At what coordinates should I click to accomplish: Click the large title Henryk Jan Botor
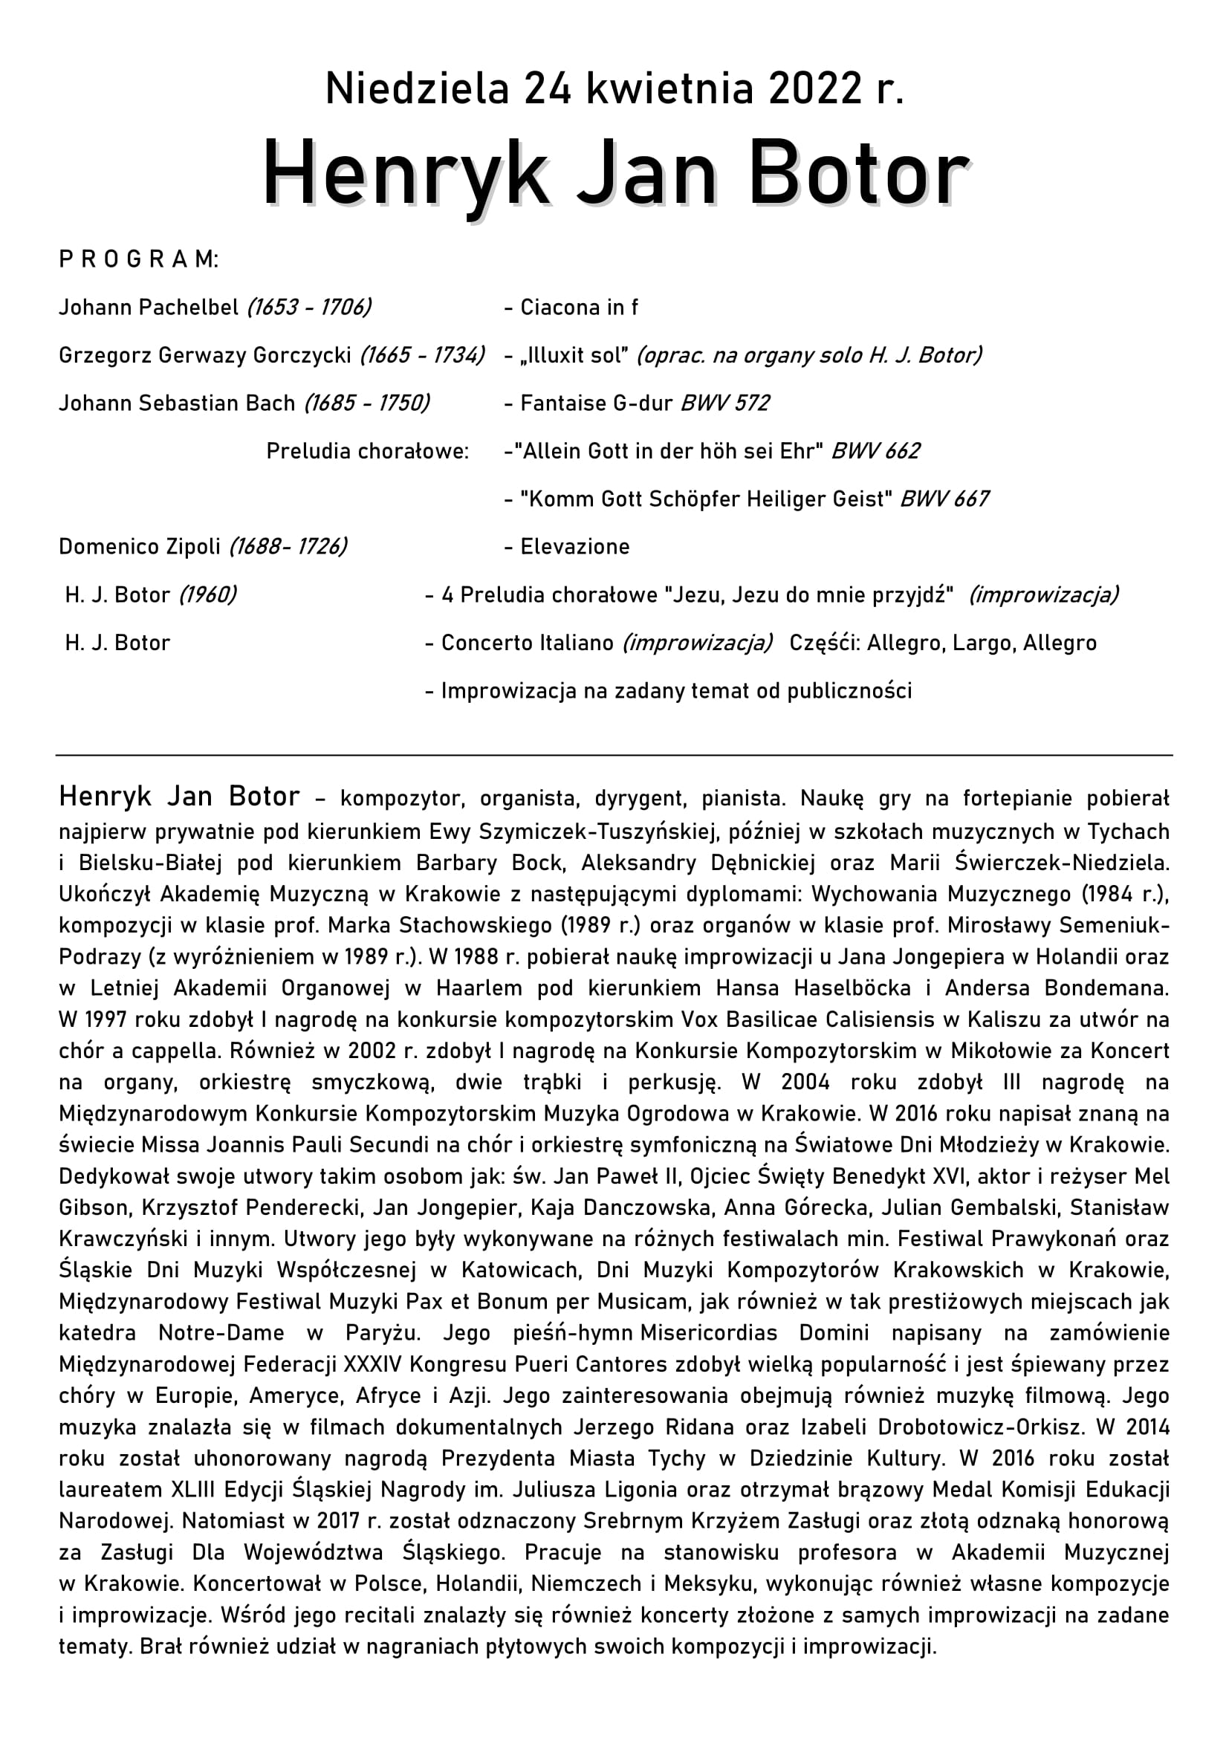614,175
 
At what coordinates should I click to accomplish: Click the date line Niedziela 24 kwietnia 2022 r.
614,89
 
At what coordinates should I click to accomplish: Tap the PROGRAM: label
138,259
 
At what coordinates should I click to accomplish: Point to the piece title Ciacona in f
579,308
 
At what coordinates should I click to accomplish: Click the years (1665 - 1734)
422,355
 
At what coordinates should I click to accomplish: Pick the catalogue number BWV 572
725,403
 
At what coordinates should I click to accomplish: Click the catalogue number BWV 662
875,451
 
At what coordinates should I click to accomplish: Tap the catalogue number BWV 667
944,499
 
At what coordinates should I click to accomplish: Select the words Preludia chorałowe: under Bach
368,451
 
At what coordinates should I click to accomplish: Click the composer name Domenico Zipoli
140,547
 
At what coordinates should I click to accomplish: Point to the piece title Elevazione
574,547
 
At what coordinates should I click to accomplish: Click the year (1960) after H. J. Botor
207,595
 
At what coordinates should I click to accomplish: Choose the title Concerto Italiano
528,643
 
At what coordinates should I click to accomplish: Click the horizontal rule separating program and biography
614,755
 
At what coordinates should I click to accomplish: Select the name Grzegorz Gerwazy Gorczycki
205,355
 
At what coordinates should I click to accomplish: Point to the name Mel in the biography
1152,1176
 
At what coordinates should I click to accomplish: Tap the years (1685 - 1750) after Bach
367,403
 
